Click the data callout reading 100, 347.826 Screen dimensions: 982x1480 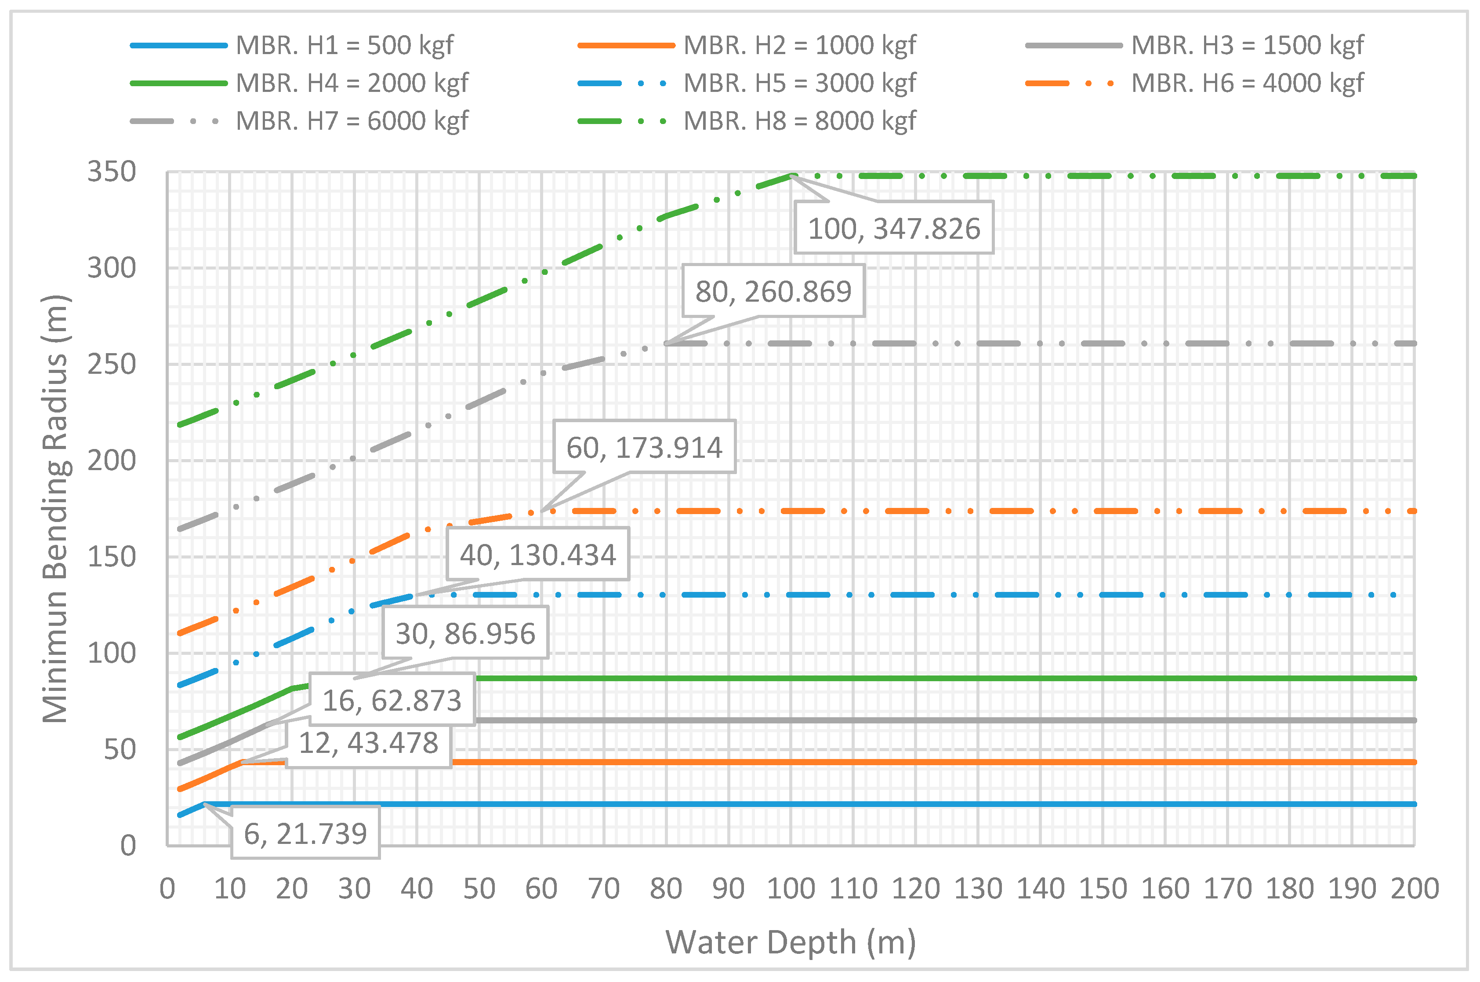pos(894,228)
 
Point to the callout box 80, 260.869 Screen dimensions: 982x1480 pos(773,291)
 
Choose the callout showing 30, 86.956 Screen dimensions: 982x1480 pos(466,633)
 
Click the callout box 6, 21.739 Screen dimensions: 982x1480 pos(305,833)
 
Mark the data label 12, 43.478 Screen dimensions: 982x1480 pos(369,743)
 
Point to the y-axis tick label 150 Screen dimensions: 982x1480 pos(111,557)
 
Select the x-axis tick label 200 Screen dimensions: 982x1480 pos(1414,889)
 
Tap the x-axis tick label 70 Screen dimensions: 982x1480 pos(604,889)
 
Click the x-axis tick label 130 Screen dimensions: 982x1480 pos(977,889)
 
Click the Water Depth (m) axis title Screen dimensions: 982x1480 pos(791,942)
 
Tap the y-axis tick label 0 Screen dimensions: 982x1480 pos(128,846)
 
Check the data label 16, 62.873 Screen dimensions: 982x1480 pos(392,700)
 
